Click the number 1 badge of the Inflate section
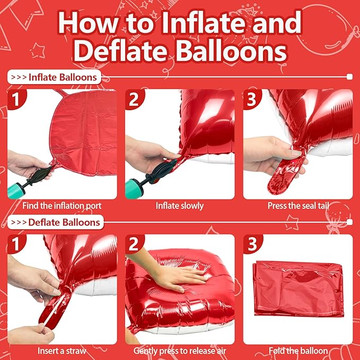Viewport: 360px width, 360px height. [x=16, y=99]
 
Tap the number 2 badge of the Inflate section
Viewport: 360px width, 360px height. [x=135, y=99]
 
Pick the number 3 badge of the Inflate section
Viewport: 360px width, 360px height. [x=252, y=99]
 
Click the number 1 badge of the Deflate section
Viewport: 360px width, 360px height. [x=16, y=244]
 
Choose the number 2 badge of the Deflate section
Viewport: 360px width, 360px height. [x=135, y=244]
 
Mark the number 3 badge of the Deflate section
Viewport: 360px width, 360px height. [x=252, y=244]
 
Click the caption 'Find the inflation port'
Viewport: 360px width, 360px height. [x=62, y=205]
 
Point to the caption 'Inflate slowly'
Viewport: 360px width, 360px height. [x=180, y=205]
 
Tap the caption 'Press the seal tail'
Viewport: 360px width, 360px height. [x=297, y=205]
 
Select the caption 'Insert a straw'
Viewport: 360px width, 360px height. [x=62, y=350]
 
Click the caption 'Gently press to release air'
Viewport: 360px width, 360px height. [x=180, y=350]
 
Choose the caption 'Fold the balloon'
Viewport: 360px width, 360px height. [x=297, y=350]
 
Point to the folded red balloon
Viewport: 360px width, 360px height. [x=298, y=289]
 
